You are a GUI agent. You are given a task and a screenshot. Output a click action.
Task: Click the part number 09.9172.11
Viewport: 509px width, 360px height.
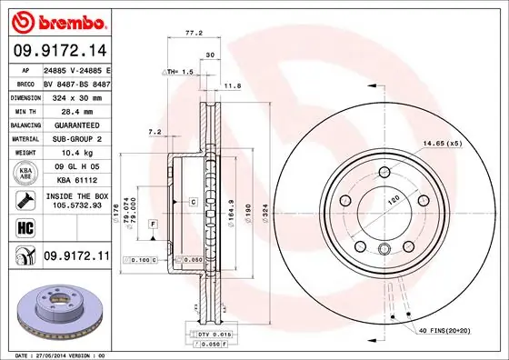[x=76, y=258]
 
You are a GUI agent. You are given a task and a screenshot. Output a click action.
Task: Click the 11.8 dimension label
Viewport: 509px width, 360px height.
[x=232, y=86]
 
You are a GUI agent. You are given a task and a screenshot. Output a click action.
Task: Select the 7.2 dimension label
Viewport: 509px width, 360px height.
[x=154, y=133]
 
